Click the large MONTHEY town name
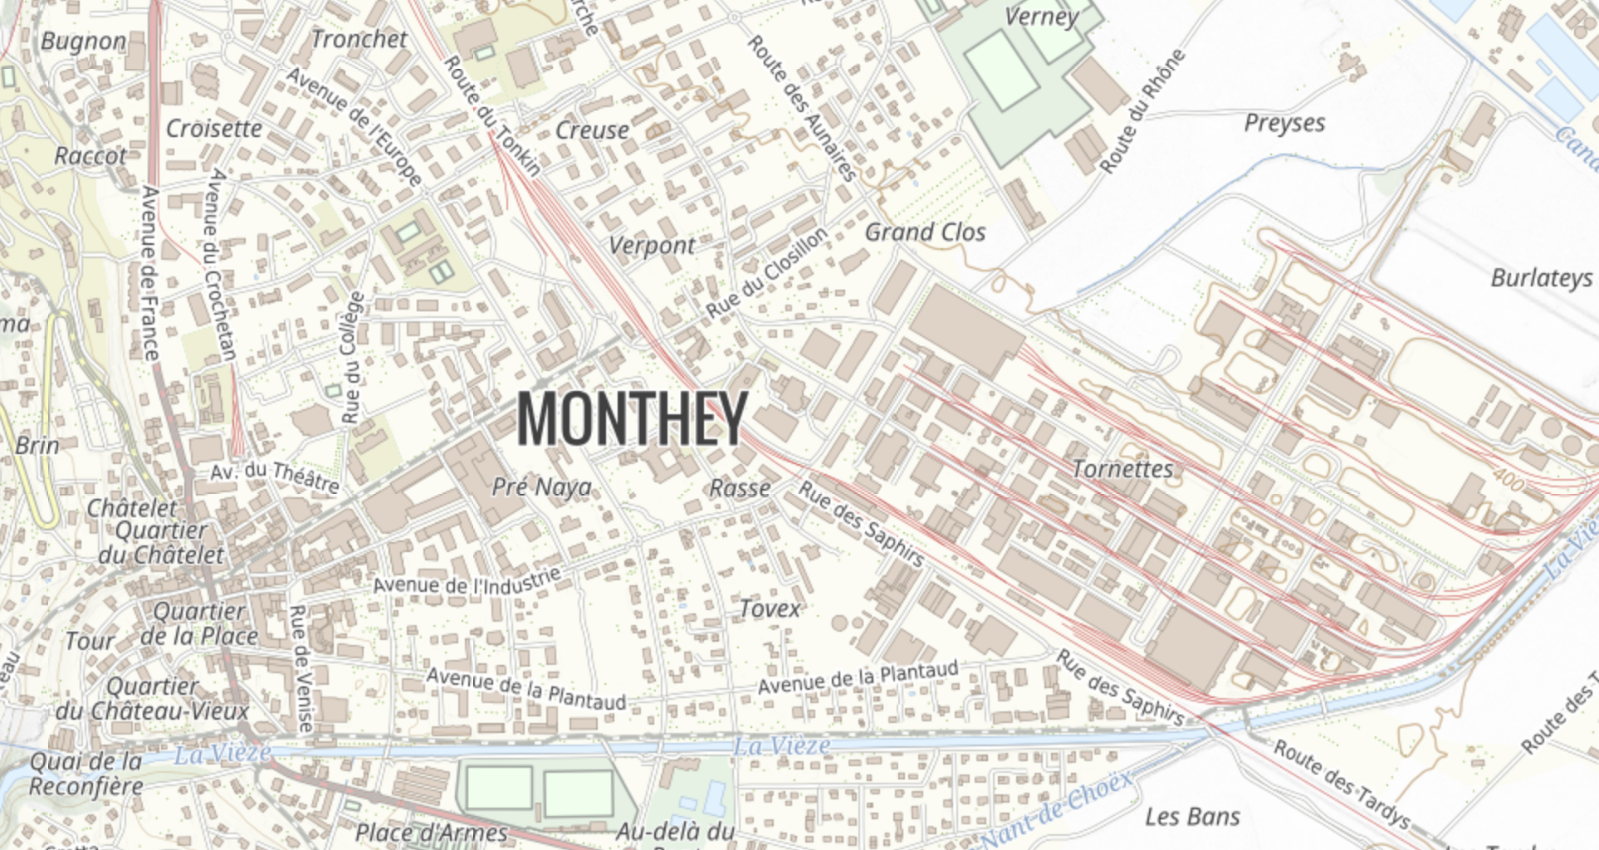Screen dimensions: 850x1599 [x=632, y=418]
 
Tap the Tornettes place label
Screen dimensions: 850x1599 [x=1122, y=470]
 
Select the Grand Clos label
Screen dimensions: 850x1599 [x=925, y=232]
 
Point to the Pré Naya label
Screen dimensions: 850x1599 [x=541, y=487]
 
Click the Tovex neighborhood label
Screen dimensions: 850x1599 [x=770, y=609]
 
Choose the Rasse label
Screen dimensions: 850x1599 [x=740, y=488]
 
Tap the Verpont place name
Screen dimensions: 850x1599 [x=652, y=246]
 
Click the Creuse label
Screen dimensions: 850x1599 [x=592, y=131]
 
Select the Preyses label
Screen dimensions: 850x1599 [x=1284, y=124]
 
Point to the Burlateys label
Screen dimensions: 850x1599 [x=1541, y=278]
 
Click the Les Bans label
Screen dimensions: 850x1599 [x=1192, y=818]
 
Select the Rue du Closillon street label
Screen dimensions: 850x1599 [x=767, y=272]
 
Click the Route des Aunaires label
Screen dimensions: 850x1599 [x=802, y=108]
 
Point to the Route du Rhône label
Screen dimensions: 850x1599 [x=1142, y=111]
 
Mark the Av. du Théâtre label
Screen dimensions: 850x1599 [x=274, y=476]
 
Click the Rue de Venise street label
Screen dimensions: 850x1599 [x=301, y=669]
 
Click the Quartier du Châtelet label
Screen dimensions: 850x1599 [x=161, y=543]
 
